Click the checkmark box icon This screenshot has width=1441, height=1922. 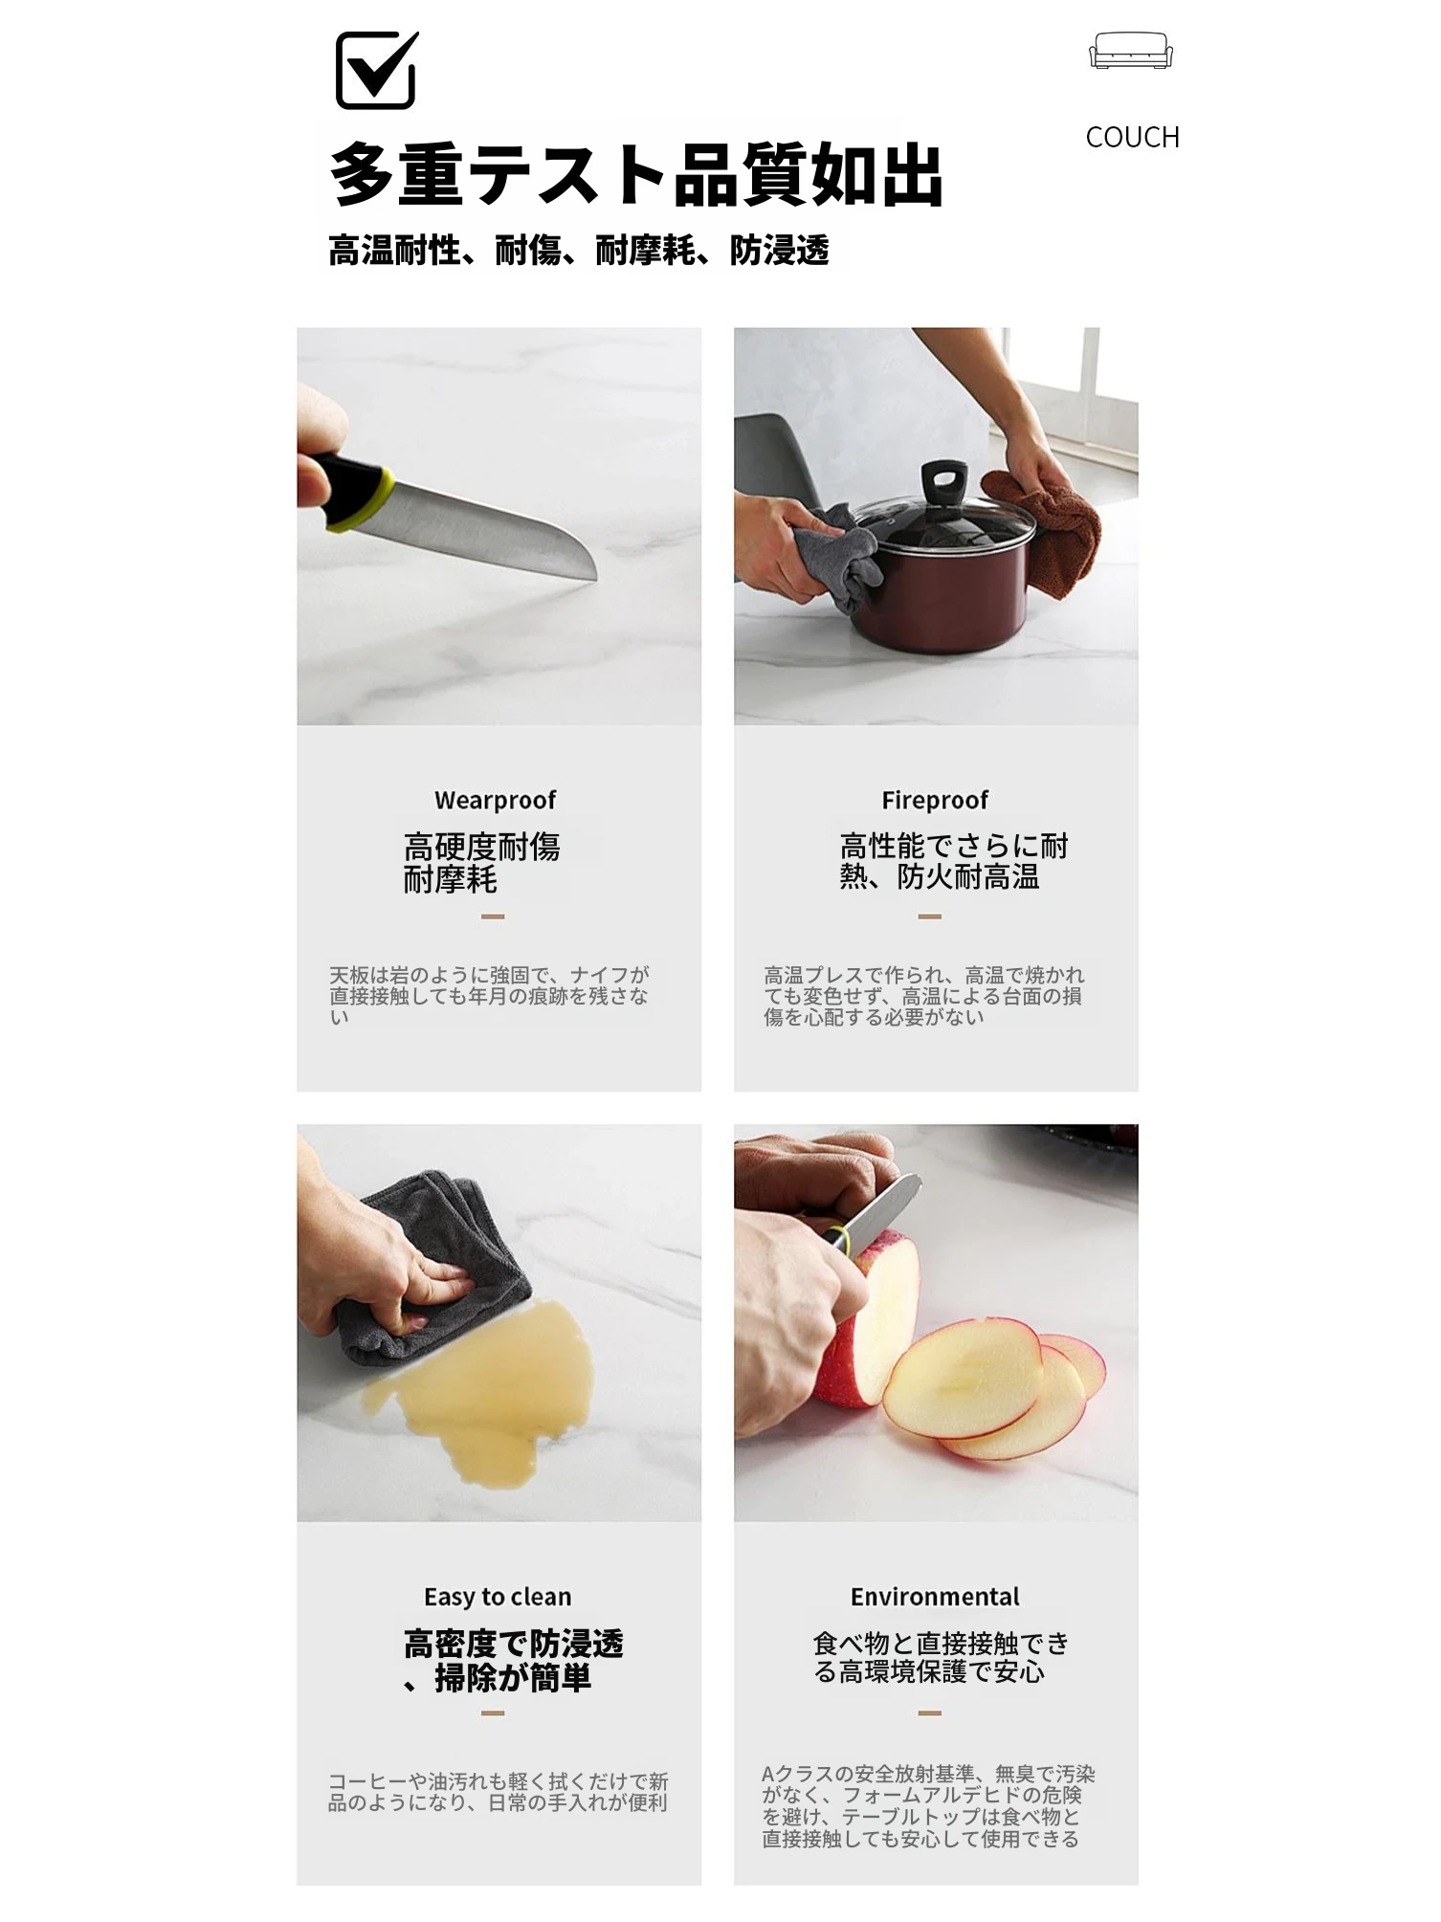click(x=376, y=70)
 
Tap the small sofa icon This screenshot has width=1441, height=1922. click(x=1131, y=51)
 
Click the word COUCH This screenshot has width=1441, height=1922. click(x=1132, y=137)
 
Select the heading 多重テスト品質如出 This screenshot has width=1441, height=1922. click(x=636, y=174)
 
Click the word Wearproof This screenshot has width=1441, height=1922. click(x=495, y=800)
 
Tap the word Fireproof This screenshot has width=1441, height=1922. click(x=935, y=800)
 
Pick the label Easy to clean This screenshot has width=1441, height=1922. click(x=498, y=1597)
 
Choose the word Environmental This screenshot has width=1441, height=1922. click(x=935, y=1597)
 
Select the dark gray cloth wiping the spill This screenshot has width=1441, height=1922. click(x=431, y=1263)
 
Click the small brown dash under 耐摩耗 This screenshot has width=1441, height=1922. click(x=493, y=917)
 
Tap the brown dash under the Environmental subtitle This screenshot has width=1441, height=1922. click(x=930, y=1712)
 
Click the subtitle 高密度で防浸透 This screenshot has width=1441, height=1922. click(x=514, y=1644)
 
